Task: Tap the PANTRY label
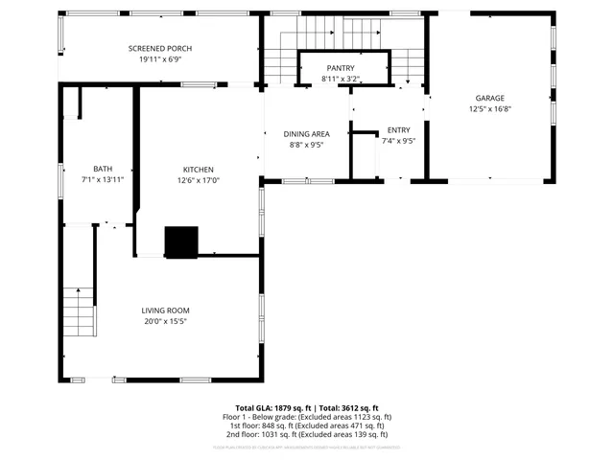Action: coord(341,68)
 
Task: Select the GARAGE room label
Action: coord(489,98)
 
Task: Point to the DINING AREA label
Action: coord(306,134)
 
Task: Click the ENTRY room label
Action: coord(398,129)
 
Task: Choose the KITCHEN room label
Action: coord(198,170)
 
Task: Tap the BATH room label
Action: coord(103,169)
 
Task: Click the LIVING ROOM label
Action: coord(165,310)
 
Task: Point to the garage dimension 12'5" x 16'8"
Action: coord(489,109)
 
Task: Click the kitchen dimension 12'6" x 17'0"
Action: coord(198,181)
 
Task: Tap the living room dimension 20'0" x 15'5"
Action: coord(165,322)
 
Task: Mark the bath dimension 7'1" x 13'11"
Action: coord(103,180)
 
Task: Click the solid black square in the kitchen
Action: coord(181,242)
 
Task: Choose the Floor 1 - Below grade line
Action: coord(307,418)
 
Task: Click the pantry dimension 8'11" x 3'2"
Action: coord(341,79)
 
